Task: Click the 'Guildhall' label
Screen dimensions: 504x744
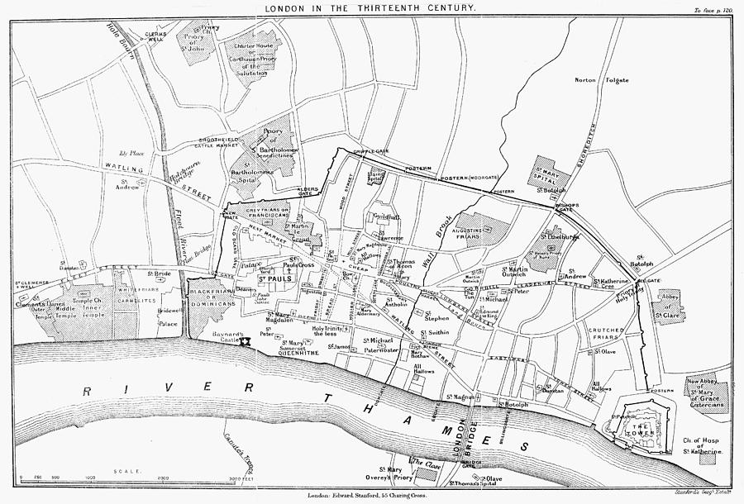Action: (x=385, y=217)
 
